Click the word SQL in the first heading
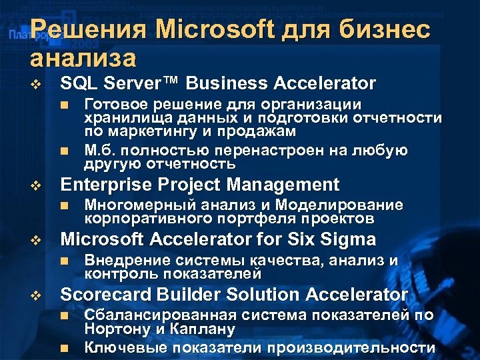point(76,83)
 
